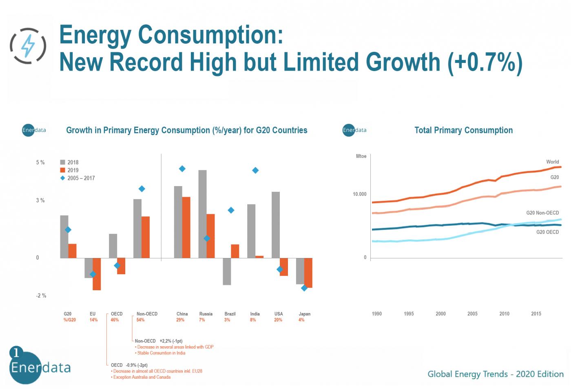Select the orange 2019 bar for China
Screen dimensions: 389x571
186,227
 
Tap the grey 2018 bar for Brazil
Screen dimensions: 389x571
227,271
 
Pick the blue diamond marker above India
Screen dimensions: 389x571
255,171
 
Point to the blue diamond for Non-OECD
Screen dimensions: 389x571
142,189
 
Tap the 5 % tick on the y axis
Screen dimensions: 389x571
40,162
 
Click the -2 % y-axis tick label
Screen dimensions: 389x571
41,296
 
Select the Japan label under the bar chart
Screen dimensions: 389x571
304,314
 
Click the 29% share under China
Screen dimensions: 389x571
180,320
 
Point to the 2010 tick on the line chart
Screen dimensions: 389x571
504,313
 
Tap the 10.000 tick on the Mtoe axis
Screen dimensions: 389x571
359,194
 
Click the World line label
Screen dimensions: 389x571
552,162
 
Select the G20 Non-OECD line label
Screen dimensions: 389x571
542,213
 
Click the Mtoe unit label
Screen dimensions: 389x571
361,156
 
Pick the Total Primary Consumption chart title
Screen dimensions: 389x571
463,130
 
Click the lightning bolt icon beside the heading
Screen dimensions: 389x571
28,46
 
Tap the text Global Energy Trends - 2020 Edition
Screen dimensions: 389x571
495,374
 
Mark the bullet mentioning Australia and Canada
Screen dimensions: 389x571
142,377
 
